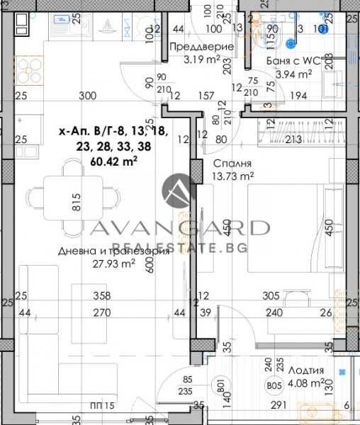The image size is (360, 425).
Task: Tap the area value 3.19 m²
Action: (201, 59)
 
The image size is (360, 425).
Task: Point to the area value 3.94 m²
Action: (293, 74)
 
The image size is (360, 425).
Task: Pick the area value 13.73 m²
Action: (233, 175)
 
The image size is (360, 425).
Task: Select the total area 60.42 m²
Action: (114, 161)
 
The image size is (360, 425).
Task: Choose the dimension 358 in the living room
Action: (103, 296)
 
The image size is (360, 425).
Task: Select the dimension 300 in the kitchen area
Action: (88, 96)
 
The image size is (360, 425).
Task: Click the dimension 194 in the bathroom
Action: (298, 96)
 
